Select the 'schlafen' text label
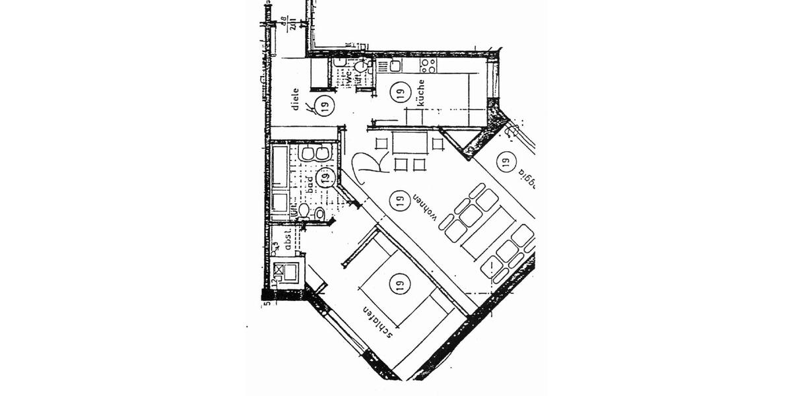(379, 321)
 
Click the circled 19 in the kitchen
(399, 93)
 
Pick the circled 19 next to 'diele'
(323, 105)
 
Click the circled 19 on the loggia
(506, 160)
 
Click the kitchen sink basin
(395, 65)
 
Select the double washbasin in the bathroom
(313, 153)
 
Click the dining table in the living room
(409, 143)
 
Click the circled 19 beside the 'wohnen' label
(397, 199)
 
